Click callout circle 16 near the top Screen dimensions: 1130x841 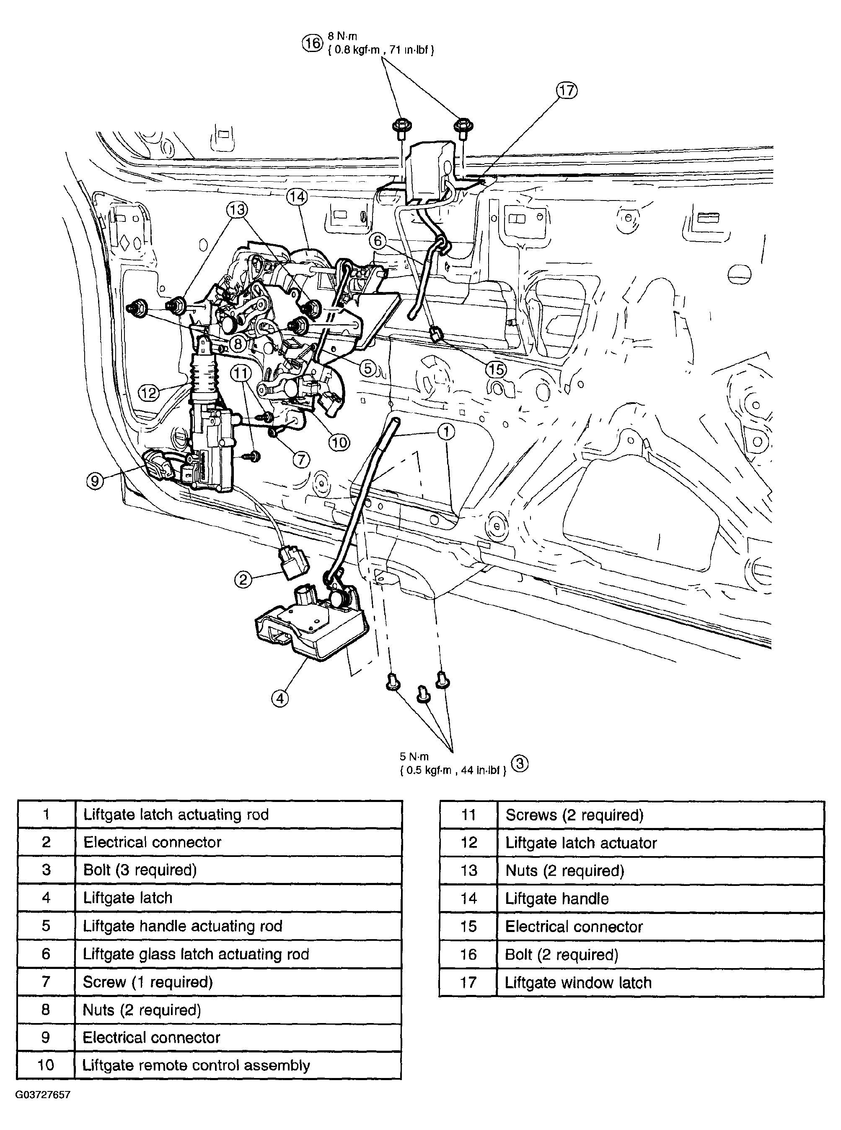coord(313,43)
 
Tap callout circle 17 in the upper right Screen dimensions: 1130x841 coord(567,91)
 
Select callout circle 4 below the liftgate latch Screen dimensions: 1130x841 coord(279,698)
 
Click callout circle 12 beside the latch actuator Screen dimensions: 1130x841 coord(148,393)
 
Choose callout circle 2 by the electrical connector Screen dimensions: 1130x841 coord(243,579)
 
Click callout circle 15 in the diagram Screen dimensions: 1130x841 coord(495,370)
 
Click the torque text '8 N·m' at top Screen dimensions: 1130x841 coord(342,36)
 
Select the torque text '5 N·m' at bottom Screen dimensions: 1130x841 coord(414,757)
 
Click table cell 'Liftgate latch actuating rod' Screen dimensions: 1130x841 coord(176,815)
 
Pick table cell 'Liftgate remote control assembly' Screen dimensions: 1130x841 coord(196,1066)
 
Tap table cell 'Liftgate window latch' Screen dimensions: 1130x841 coord(578,983)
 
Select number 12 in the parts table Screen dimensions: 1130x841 coord(468,843)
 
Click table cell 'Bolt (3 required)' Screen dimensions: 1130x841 coord(140,870)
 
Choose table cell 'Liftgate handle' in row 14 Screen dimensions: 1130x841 coord(556,899)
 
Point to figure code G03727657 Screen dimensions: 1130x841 coord(43,1094)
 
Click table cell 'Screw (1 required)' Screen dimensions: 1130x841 coord(147,982)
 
